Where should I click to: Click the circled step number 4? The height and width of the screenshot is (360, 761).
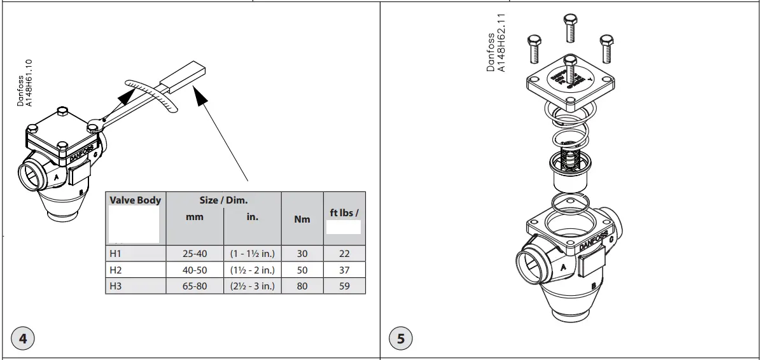coord(23,338)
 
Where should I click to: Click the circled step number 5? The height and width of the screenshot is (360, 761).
coord(400,338)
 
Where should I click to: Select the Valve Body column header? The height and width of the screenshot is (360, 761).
coord(136,200)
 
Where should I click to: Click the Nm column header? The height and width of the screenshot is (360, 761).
coord(302,219)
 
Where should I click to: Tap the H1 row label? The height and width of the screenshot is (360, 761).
coord(116,254)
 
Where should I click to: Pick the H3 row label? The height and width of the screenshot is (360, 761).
coord(116,286)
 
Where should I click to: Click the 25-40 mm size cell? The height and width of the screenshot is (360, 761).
coord(195,254)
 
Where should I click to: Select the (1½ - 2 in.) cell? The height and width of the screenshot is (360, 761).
coord(253,270)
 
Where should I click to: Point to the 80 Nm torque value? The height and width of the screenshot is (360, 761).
coord(302,286)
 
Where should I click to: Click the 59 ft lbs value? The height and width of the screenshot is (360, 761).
coord(344,286)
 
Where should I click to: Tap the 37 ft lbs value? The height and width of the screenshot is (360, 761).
coord(344,270)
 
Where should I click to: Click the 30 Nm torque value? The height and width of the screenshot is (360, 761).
coord(302,254)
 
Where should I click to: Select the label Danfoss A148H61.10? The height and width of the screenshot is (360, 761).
coord(24,83)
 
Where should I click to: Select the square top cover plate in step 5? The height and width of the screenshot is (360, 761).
coord(570,83)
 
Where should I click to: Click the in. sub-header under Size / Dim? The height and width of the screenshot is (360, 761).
coord(253,217)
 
